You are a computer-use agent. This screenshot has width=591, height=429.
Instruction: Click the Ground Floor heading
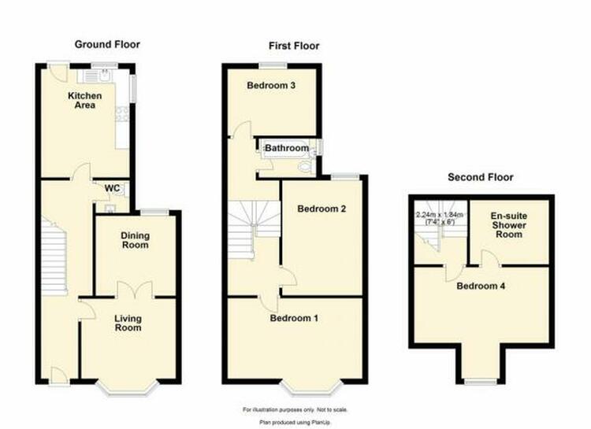coord(107,44)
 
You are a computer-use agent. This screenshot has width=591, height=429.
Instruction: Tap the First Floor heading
coord(294,46)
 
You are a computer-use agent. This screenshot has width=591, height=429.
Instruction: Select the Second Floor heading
coord(481,177)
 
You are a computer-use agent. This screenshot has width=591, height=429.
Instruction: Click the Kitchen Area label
coord(85,100)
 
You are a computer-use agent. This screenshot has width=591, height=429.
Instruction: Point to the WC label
coord(113,188)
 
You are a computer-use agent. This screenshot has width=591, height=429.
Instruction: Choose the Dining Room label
coord(135,240)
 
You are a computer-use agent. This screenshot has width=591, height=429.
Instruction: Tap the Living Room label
coord(128,324)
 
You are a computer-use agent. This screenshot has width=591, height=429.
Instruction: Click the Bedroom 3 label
coord(271,85)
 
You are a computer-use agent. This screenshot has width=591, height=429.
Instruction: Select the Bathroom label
coord(287,148)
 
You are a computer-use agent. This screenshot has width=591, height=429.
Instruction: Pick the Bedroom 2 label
coord(322,209)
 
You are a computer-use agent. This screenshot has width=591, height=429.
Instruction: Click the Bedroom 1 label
coord(294,318)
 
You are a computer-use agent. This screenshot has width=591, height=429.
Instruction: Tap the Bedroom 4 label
coord(481,286)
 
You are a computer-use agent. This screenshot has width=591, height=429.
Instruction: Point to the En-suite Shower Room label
coord(509,225)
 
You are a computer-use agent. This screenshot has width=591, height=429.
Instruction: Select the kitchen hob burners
coord(122,114)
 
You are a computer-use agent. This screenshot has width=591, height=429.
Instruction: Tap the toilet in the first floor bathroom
coord(306,166)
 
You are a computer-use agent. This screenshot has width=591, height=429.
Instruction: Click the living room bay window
coord(127,388)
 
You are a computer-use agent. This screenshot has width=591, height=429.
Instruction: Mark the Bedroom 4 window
coord(481,382)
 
